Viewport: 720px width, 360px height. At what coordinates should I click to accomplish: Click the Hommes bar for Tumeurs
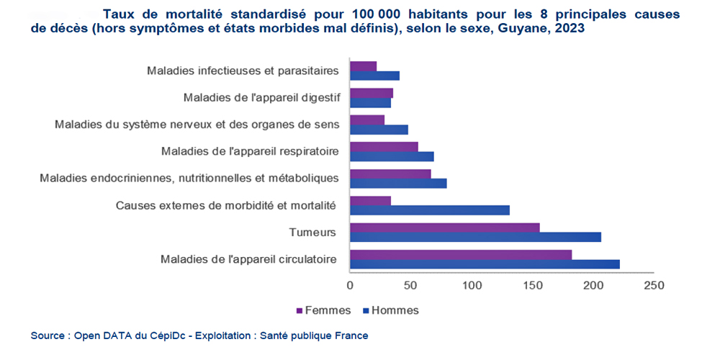pos(475,237)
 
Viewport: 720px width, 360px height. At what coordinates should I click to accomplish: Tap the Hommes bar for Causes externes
pos(429,210)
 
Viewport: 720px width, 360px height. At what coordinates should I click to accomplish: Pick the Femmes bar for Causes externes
pos(370,201)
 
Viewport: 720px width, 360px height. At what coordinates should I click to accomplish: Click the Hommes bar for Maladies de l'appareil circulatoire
pos(485,264)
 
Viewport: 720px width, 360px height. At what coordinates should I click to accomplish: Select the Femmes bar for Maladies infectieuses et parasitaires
pos(363,66)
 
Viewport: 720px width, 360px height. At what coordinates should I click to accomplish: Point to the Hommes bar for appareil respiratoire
pos(392,156)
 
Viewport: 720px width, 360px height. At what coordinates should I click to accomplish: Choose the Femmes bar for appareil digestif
pos(371,93)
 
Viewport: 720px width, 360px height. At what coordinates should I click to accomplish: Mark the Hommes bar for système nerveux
pos(379,130)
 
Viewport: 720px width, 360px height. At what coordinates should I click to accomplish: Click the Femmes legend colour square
pos(300,311)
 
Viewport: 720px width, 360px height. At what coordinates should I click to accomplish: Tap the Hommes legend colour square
pos(366,311)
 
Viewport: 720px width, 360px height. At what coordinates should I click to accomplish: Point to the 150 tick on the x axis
pos(532,286)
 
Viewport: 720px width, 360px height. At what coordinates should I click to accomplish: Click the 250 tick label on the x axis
pos(654,286)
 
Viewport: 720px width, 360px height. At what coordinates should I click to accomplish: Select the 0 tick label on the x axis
pos(350,286)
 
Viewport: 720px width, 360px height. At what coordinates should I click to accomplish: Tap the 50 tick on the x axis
pos(410,286)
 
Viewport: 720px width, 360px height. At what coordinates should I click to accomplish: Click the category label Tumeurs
pos(312,232)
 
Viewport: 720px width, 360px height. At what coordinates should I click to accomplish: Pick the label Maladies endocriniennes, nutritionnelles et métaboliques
pos(189,178)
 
